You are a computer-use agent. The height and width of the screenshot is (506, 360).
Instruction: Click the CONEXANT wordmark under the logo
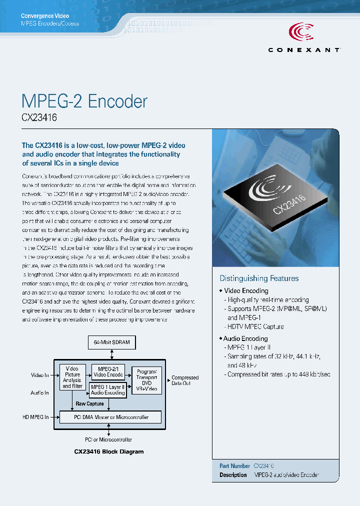point(304,50)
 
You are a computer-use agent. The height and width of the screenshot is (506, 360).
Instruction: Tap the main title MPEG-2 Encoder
point(84,101)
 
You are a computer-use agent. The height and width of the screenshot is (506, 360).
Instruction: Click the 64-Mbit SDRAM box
point(111,342)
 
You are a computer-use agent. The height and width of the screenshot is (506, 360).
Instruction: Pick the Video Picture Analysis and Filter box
point(72,377)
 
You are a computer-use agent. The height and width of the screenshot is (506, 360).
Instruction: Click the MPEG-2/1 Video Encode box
point(108,371)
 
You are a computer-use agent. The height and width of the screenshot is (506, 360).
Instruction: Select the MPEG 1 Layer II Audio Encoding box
point(107,390)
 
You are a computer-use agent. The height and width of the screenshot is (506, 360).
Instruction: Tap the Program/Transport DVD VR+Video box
point(146,380)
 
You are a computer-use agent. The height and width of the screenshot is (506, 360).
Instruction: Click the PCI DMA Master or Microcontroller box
point(111,417)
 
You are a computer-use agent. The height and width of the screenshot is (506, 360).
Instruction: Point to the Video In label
point(40,375)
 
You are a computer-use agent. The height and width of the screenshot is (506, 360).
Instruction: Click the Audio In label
point(40,392)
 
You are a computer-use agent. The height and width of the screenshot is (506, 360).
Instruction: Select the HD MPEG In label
point(35,417)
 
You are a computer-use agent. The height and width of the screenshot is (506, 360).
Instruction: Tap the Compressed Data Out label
point(185,380)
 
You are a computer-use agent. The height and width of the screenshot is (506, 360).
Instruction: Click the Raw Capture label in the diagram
point(89,403)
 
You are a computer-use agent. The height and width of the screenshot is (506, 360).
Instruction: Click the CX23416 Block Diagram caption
point(108,451)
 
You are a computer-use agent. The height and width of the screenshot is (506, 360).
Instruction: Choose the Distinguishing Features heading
point(259,278)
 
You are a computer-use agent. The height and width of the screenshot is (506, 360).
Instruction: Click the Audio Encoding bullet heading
point(245,338)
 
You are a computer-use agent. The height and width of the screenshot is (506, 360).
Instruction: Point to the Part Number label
point(234,465)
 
